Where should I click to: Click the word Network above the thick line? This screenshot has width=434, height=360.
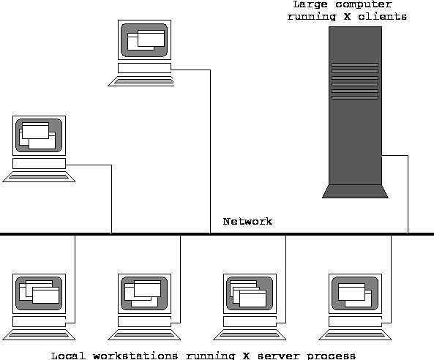[247, 222]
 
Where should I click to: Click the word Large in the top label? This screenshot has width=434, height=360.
[310, 4]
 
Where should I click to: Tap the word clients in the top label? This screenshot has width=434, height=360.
[383, 17]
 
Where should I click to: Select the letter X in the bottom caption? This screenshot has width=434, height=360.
[246, 356]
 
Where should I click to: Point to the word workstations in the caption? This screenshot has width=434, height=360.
[135, 356]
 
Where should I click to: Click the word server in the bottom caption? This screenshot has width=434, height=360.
[278, 356]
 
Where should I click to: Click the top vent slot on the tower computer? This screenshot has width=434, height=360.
[355, 64]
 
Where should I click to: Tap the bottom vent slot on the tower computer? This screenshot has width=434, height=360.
[355, 97]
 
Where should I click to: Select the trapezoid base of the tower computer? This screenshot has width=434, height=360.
[355, 192]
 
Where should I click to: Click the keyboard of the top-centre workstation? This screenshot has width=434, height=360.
[141, 81]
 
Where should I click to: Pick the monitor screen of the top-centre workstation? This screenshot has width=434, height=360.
[144, 40]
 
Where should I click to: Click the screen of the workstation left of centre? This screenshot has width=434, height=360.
[39, 135]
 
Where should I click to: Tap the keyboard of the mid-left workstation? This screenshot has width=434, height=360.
[39, 177]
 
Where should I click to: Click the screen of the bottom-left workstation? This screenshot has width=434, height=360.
[39, 293]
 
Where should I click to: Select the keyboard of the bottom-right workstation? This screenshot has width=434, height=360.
[355, 335]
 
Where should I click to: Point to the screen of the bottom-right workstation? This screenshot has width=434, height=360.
[355, 293]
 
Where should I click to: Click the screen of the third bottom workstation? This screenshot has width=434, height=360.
[250, 293]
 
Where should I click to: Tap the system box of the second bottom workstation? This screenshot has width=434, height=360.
[144, 321]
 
